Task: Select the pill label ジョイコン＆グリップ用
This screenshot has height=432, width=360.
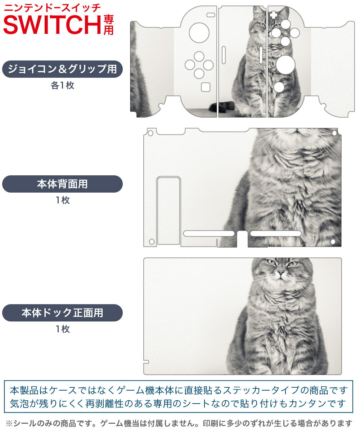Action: pyautogui.click(x=62, y=69)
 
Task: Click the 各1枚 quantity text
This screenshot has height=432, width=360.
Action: pyautogui.click(x=62, y=86)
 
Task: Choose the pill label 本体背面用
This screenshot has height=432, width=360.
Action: pyautogui.click(x=62, y=184)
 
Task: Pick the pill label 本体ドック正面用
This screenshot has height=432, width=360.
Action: pyautogui.click(x=62, y=312)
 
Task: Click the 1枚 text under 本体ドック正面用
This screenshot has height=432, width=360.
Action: pyautogui.click(x=62, y=329)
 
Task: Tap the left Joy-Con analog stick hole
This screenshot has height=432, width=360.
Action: pyautogui.click(x=199, y=33)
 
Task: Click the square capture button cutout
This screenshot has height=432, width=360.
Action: pyautogui.click(x=206, y=87)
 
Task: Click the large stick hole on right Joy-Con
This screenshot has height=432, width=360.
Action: pyautogui.click(x=286, y=64)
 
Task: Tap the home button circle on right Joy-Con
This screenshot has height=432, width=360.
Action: pyautogui.click(x=278, y=87)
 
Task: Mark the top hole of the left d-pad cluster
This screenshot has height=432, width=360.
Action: pyautogui.click(x=199, y=56)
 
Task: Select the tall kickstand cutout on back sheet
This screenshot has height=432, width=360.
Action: pyautogui.click(x=168, y=210)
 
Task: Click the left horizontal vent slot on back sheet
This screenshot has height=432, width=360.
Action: pyautogui.click(x=209, y=233)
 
